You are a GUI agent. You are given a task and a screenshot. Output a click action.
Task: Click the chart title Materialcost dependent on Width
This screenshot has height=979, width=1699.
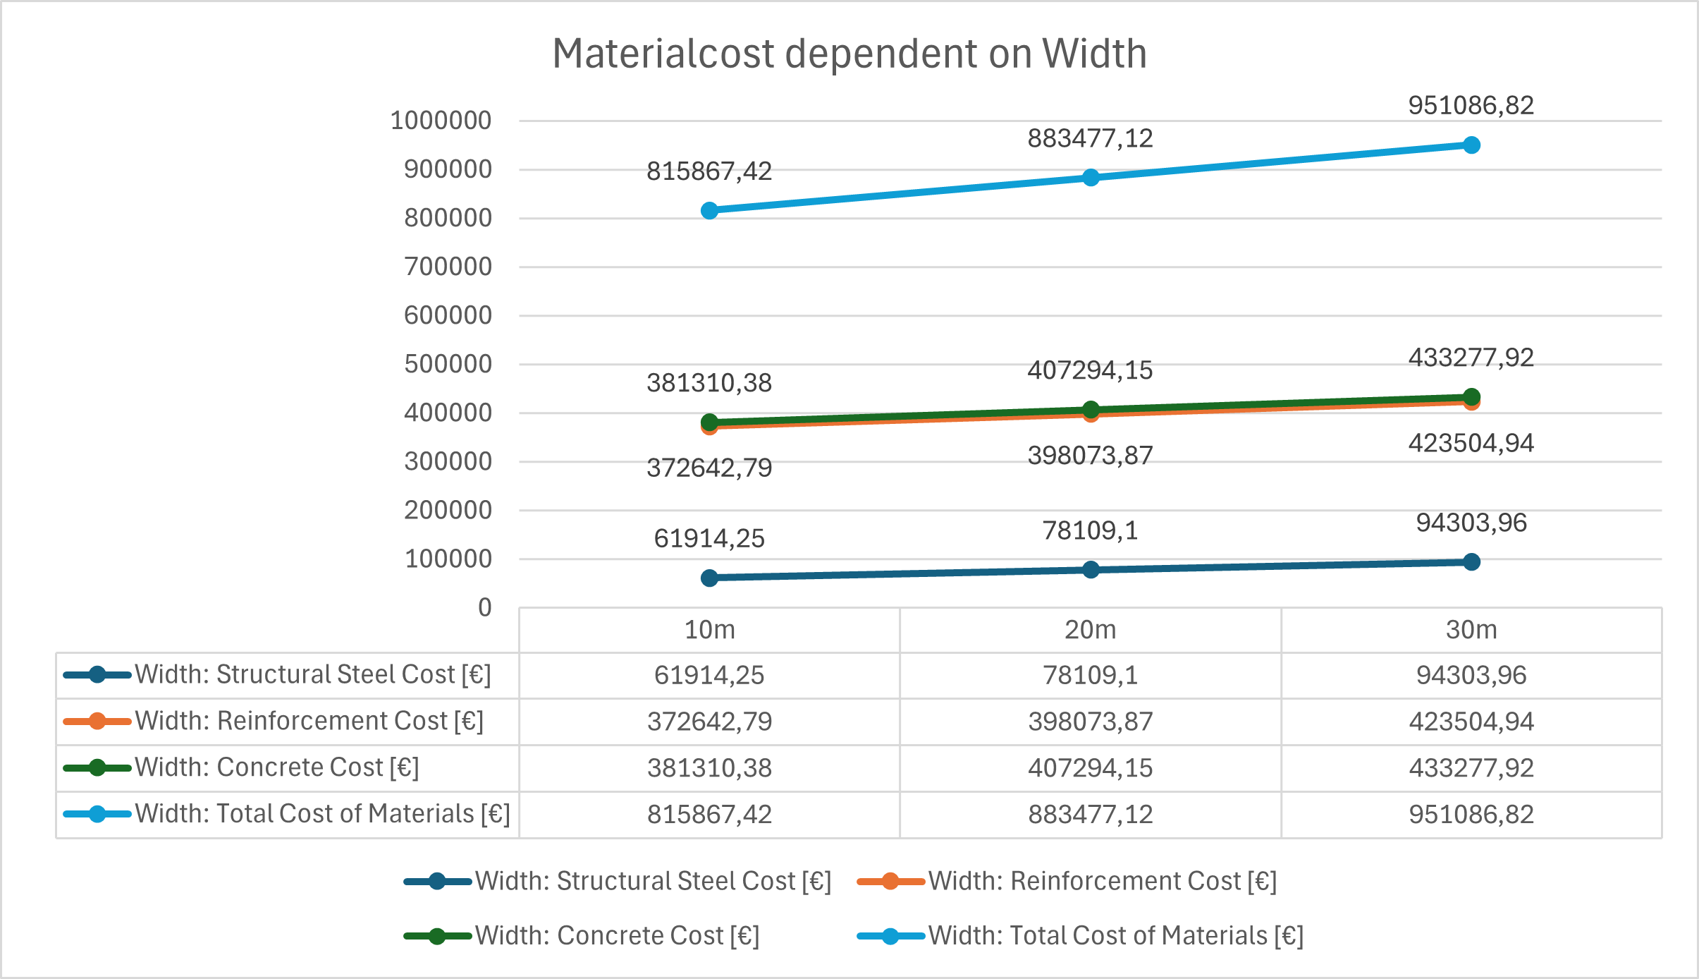[850, 54]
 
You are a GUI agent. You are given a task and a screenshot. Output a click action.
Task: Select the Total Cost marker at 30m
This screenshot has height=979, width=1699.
[1471, 145]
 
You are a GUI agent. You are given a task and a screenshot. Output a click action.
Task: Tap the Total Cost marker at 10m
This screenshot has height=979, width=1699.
[710, 211]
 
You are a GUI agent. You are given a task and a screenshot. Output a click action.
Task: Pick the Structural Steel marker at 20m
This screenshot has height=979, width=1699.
[1091, 570]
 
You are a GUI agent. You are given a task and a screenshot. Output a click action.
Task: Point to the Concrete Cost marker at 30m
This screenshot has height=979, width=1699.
[1471, 397]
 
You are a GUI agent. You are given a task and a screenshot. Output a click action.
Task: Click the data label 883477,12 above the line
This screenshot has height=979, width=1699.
[1090, 139]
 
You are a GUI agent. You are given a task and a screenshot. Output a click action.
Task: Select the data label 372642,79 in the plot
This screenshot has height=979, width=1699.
[709, 468]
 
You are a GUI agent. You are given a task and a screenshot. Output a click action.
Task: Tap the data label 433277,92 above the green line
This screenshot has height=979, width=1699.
[1471, 358]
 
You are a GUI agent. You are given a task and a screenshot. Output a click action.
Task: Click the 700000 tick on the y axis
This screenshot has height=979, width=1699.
[448, 267]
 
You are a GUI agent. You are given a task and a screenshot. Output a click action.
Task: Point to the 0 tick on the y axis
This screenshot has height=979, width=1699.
[485, 607]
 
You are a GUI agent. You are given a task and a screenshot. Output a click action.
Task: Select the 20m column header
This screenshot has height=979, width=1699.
[1091, 629]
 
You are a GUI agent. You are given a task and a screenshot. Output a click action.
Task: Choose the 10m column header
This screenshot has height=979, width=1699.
[710, 629]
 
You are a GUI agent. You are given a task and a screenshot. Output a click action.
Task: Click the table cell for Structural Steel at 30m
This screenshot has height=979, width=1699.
[1471, 675]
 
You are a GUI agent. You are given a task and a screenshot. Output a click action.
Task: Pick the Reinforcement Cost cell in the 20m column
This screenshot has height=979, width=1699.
[1091, 722]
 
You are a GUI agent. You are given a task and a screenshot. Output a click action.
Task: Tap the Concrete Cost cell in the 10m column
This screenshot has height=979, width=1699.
[710, 768]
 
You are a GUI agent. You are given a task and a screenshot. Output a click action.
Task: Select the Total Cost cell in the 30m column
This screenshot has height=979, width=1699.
[1471, 815]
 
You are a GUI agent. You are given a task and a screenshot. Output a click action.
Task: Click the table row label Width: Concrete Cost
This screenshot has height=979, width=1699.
[277, 767]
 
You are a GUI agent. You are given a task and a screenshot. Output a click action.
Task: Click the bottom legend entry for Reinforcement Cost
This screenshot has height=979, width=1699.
[1067, 881]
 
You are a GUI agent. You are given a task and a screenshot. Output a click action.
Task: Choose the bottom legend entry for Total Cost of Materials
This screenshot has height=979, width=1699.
[1080, 936]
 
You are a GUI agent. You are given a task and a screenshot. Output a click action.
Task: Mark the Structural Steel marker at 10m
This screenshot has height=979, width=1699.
[710, 578]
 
